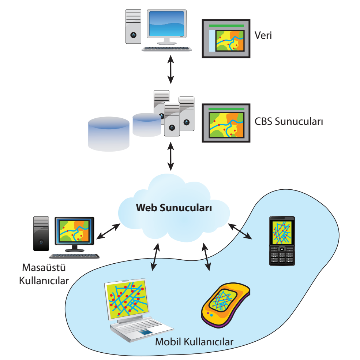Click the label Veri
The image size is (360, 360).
click(x=263, y=36)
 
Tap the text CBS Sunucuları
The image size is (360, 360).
click(x=289, y=121)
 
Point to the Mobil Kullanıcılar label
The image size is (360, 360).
click(x=194, y=342)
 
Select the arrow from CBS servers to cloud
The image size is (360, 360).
click(x=170, y=156)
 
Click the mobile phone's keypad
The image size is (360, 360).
click(x=282, y=256)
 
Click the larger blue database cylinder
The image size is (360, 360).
click(x=109, y=134)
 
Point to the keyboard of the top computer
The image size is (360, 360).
click(x=167, y=49)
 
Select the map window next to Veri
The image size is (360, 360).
click(x=226, y=38)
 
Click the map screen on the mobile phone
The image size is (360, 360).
click(x=282, y=232)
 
